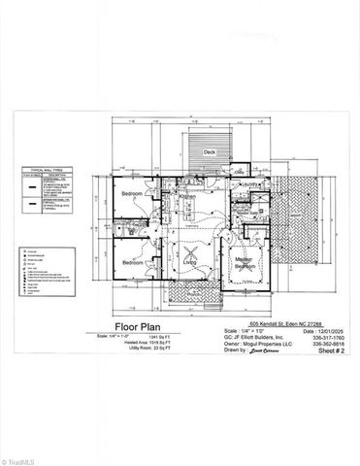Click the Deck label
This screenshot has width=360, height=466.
click(209, 152)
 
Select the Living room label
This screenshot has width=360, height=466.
click(190, 263)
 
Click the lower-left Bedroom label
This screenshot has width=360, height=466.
click(132, 263)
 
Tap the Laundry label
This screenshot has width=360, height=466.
click(249, 184)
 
